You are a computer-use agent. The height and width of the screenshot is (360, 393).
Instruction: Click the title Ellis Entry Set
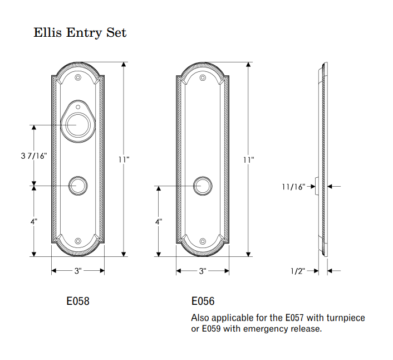tap(80, 33)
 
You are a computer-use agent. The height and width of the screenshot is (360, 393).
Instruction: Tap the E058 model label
tap(78, 301)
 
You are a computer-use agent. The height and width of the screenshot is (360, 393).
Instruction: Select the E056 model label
tap(203, 301)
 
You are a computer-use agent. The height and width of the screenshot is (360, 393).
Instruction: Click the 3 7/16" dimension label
tap(34, 156)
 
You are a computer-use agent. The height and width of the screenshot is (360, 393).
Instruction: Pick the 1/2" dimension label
tap(298, 271)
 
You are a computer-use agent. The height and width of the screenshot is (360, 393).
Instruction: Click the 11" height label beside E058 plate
tap(124, 159)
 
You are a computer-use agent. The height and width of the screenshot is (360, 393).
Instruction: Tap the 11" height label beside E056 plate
tap(248, 159)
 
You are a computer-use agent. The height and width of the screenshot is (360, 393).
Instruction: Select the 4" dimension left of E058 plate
tap(34, 221)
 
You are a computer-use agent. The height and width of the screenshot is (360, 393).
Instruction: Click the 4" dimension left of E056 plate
tap(159, 221)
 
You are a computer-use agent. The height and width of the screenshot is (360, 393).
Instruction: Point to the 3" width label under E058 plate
tap(78, 271)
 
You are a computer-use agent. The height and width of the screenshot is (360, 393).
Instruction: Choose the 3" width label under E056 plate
tap(203, 271)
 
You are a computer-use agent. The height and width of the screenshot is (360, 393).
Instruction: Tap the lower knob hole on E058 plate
tap(78, 186)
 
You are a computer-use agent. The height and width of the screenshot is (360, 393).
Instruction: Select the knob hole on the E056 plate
tap(203, 186)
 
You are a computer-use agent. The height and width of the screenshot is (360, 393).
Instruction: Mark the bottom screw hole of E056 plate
tap(203, 241)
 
